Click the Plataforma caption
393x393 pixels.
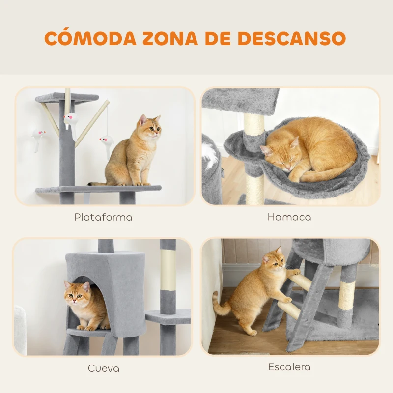(x=103, y=217)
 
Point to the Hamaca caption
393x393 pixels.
(x=289, y=217)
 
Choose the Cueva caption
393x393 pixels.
(x=103, y=368)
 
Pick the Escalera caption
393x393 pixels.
(x=289, y=367)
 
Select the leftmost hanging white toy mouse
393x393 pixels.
(x=38, y=136)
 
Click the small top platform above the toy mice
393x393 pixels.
(x=67, y=97)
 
